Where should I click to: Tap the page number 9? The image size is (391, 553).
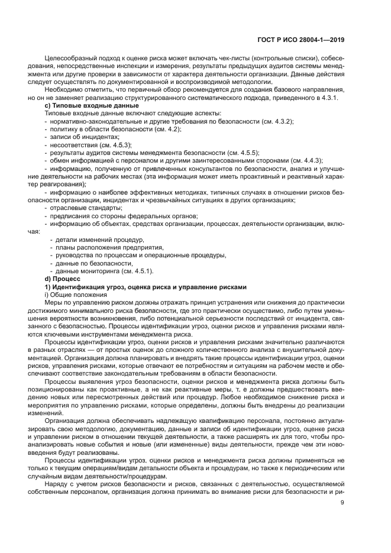tap(342, 503)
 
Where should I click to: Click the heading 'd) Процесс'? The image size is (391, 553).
tap(62, 278)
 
